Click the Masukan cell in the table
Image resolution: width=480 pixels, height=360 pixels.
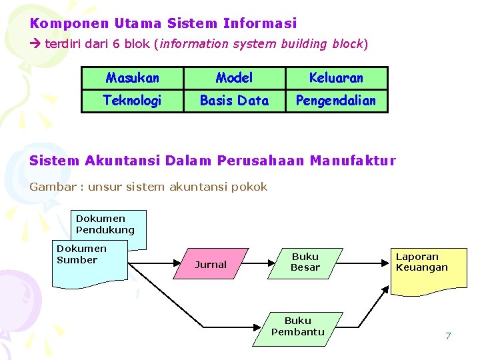tap(133, 78)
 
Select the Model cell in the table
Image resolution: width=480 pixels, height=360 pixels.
tap(235, 78)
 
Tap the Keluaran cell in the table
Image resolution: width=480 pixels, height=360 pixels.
tap(336, 78)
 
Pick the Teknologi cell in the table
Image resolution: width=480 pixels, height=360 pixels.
tap(133, 101)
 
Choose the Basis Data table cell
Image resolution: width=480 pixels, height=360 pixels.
tap(235, 101)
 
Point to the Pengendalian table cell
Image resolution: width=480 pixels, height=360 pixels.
tap(336, 101)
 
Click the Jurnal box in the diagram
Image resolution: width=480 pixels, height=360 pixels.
tap(211, 264)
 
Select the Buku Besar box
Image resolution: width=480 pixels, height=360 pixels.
tap(305, 262)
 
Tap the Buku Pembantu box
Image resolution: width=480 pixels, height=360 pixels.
tap(298, 327)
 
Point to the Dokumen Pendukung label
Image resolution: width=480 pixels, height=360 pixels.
tap(105, 225)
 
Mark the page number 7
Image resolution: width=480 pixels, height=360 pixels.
tap(448, 336)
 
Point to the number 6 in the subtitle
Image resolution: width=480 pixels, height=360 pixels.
tap(115, 44)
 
